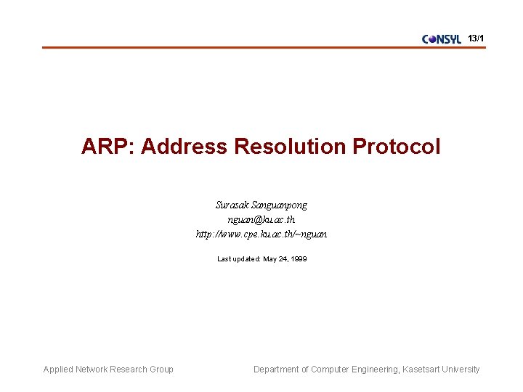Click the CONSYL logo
(x=442, y=39)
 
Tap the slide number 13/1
(x=477, y=38)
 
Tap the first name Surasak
(x=232, y=205)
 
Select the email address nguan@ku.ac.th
(x=261, y=220)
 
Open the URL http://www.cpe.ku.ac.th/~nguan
(x=261, y=234)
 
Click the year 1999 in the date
(x=298, y=259)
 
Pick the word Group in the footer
(x=161, y=369)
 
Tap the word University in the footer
(x=462, y=369)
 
